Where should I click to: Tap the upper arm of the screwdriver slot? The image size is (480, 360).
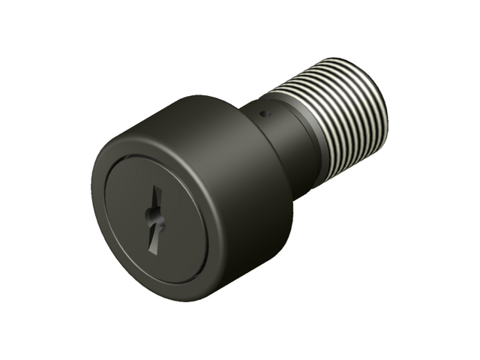pyautogui.click(x=157, y=201)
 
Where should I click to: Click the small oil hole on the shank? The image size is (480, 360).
pyautogui.click(x=264, y=114)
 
